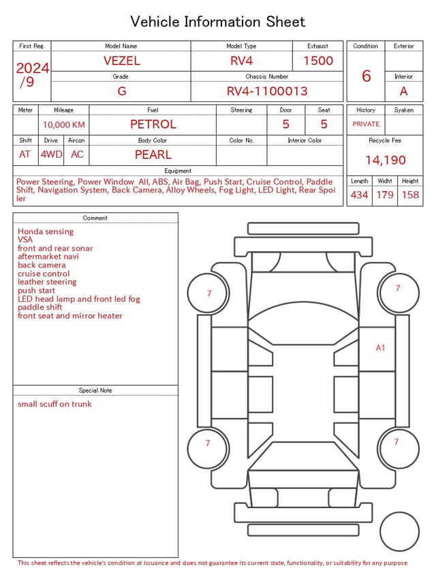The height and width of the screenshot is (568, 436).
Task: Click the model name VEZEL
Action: click(x=121, y=61)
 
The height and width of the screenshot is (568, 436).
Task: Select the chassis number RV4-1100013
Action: click(x=267, y=91)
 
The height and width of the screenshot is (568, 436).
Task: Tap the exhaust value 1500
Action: click(x=318, y=61)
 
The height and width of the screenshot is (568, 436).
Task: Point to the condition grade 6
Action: click(x=367, y=76)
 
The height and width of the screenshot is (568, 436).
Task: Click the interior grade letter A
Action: click(x=404, y=91)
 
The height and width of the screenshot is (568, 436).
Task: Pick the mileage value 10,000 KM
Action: click(x=64, y=124)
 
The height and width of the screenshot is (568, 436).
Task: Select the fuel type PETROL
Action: click(x=153, y=124)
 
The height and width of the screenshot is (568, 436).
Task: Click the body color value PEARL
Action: click(x=153, y=154)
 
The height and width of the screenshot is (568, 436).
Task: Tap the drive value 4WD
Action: click(x=51, y=154)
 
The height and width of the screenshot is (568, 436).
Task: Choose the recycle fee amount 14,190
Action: click(x=385, y=160)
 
